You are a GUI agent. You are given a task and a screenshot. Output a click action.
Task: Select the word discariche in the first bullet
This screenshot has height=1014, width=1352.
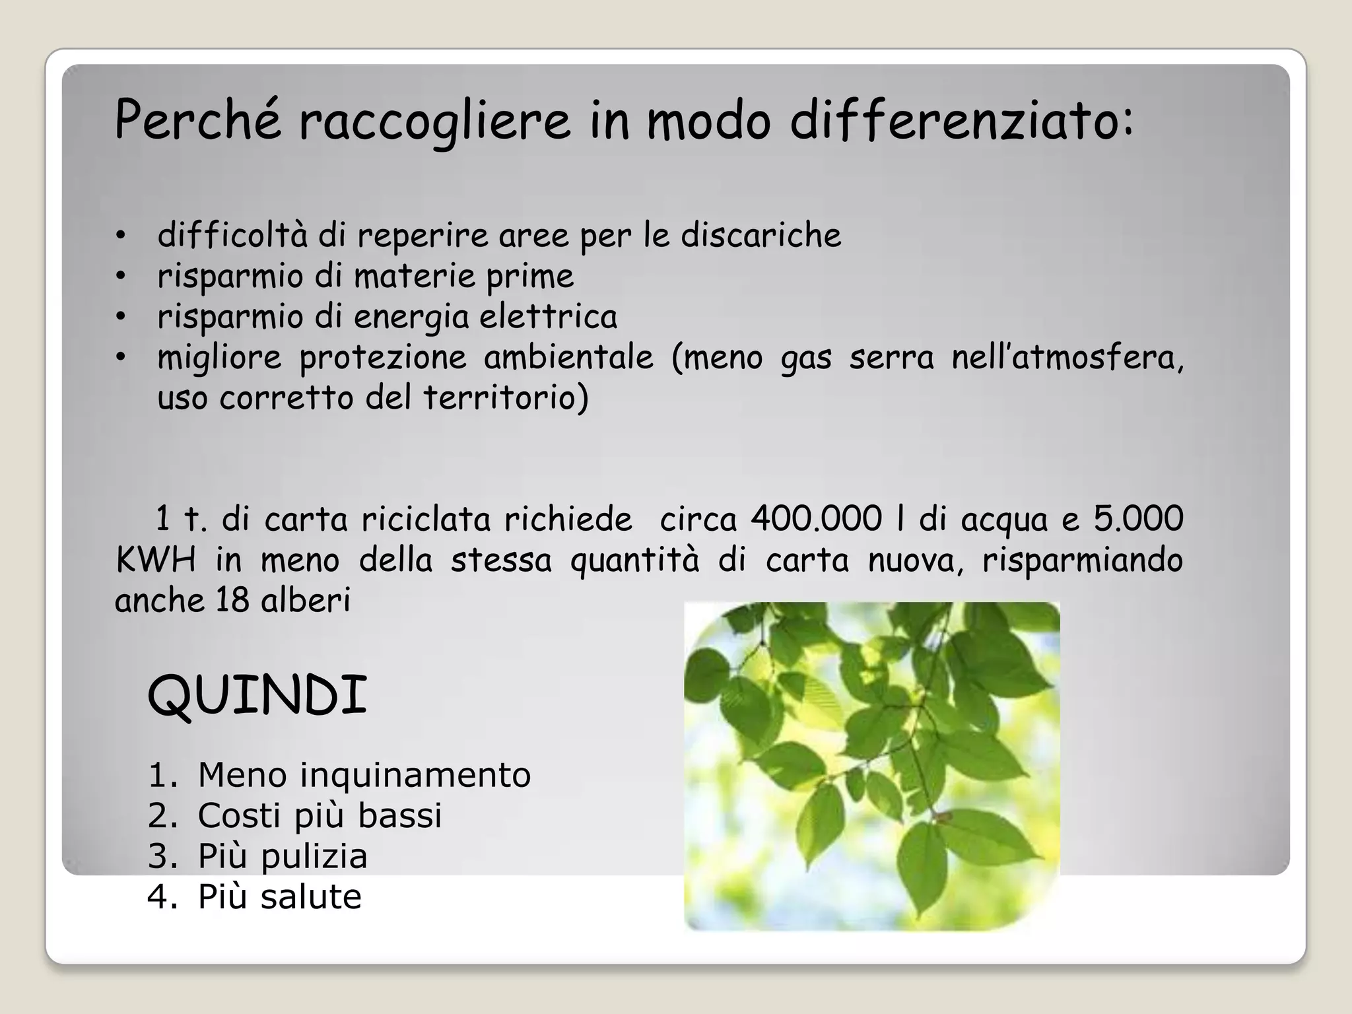click(761, 236)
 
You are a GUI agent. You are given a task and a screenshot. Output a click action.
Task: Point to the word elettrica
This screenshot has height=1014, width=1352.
click(548, 317)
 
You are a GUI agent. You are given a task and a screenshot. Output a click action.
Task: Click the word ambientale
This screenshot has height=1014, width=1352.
click(568, 358)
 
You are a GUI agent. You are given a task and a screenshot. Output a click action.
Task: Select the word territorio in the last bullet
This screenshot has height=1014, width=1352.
click(505, 398)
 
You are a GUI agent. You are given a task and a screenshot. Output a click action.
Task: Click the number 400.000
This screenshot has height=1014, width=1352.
click(816, 519)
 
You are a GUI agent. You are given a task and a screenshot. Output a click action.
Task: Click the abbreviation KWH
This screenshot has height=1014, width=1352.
click(156, 560)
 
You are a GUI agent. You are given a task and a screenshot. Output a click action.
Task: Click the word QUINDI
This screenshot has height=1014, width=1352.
click(257, 696)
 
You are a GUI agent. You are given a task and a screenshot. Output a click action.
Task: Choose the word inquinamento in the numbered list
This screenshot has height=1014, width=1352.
click(415, 775)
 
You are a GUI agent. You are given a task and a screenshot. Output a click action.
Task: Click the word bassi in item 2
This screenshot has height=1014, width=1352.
click(399, 816)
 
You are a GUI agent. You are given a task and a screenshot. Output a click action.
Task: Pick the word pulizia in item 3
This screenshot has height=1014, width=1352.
click(314, 857)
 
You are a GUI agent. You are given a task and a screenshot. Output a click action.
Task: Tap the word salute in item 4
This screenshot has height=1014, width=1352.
click(311, 897)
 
